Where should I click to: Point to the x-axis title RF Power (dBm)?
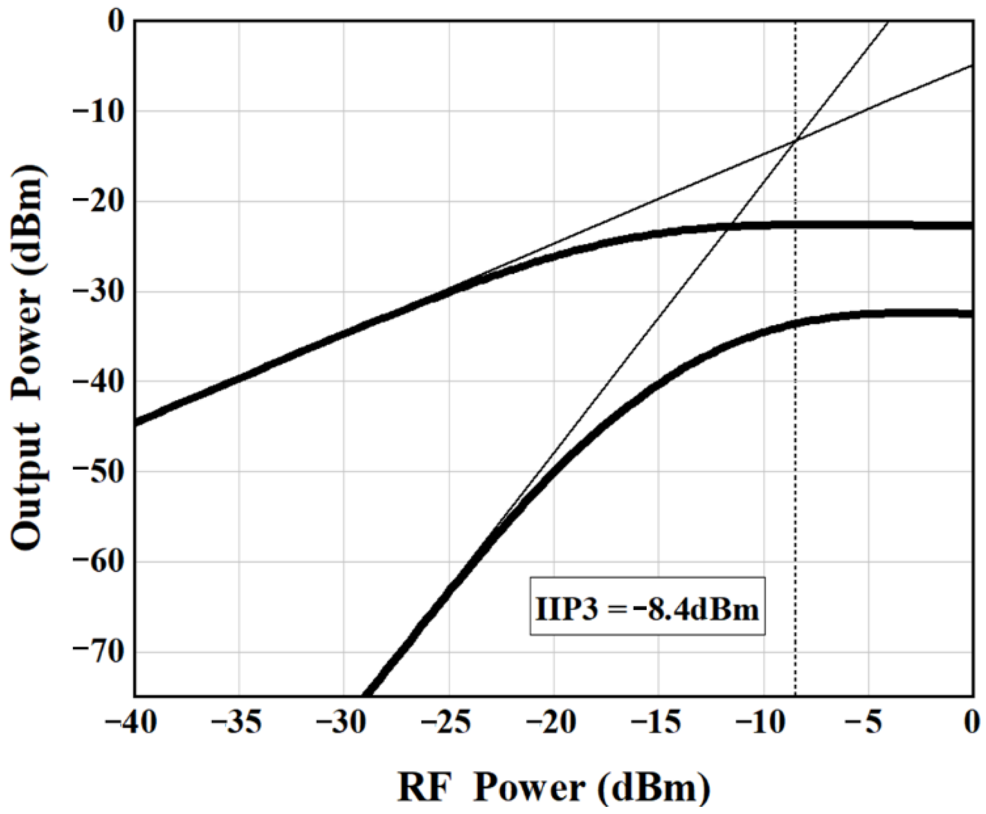coord(553,787)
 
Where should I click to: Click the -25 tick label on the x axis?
coord(449,724)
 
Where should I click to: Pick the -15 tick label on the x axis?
coord(658,724)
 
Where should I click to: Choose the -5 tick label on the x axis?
coord(869,724)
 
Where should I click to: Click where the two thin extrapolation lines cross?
coord(795,140)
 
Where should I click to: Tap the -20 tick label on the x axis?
coord(554,724)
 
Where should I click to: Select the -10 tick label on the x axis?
coord(764,724)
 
